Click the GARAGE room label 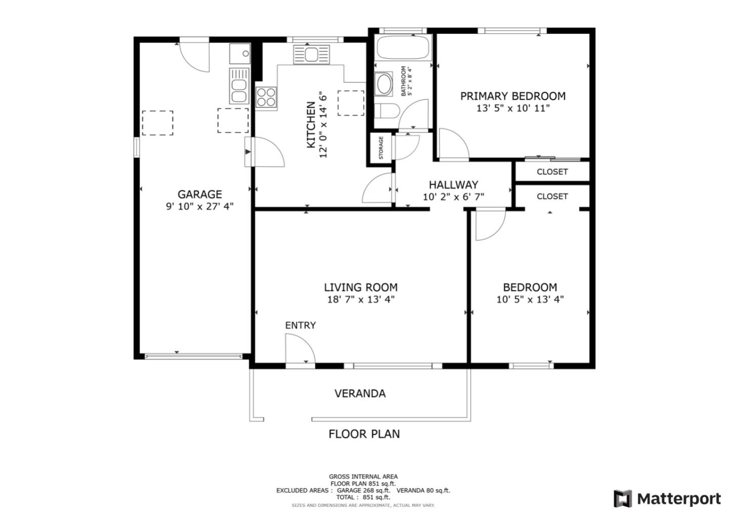tap(199, 194)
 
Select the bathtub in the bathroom tap(403, 48)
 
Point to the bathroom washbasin tap(383, 84)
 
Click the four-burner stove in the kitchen tap(266, 97)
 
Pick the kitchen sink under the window tap(311, 54)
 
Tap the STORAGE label tap(381, 148)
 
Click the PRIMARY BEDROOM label tap(512, 96)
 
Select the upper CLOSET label tap(552, 172)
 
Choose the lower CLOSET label tap(552, 196)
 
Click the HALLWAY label tap(453, 185)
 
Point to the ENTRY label tap(300, 325)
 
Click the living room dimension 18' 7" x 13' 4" tap(360, 299)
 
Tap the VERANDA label tap(360, 394)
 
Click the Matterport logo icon tap(623, 499)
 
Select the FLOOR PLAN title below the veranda tap(364, 434)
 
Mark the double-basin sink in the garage tap(238, 86)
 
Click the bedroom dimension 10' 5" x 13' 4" tap(530, 299)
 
